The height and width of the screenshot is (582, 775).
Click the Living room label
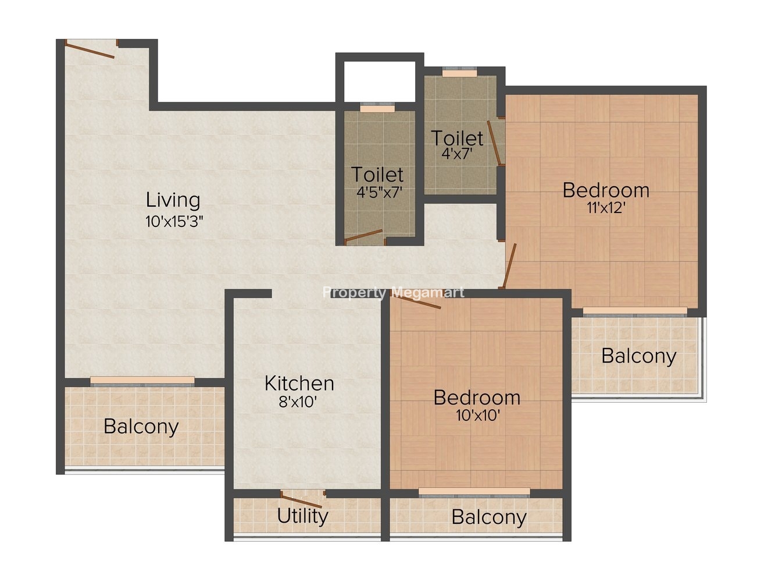click(173, 200)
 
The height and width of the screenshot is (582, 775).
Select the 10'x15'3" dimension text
click(174, 222)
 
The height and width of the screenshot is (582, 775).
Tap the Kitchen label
click(299, 384)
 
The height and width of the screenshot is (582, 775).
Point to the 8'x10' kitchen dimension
click(298, 402)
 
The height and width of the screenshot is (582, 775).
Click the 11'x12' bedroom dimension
click(606, 208)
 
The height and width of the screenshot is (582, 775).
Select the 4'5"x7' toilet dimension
click(380, 193)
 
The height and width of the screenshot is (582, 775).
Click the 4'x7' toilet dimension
click(457, 154)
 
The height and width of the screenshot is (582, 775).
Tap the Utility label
click(302, 516)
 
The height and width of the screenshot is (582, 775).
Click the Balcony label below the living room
click(141, 427)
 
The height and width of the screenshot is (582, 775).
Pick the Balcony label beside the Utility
click(489, 517)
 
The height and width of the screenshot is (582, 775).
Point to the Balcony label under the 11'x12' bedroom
click(639, 356)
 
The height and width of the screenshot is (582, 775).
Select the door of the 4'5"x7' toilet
click(363, 235)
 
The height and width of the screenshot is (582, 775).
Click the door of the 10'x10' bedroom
click(416, 299)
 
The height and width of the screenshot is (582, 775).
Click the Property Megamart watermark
click(394, 293)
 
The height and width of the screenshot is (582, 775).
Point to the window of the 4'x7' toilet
click(459, 72)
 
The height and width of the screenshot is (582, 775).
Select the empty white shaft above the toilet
click(380, 81)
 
